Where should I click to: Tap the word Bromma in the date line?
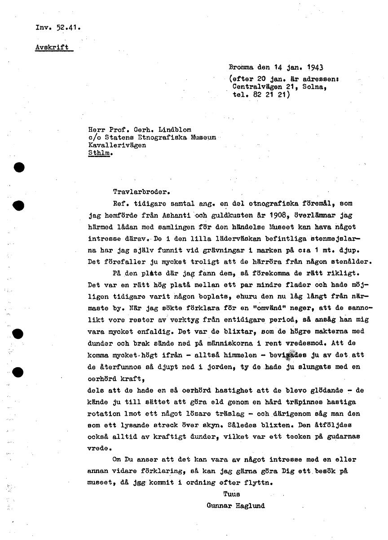point(242,68)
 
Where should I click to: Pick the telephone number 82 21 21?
point(269,95)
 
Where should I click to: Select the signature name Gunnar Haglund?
point(236,505)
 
